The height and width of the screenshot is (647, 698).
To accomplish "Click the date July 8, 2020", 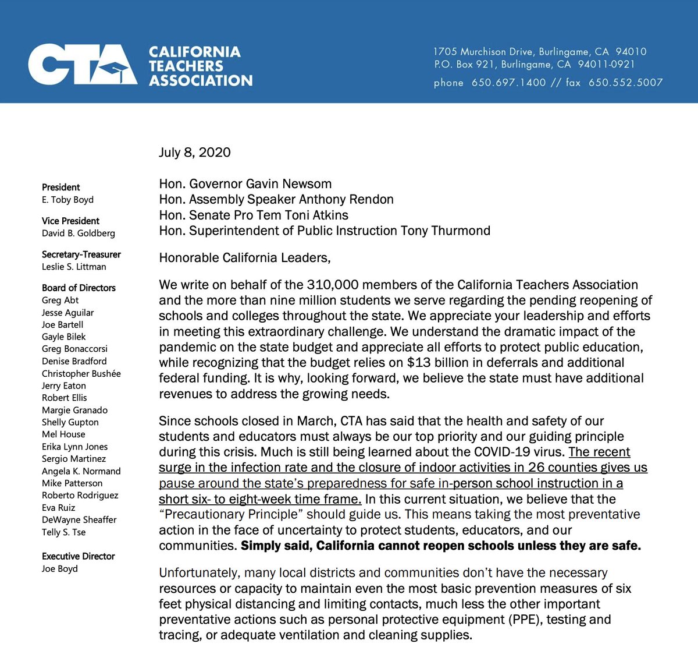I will [195, 153].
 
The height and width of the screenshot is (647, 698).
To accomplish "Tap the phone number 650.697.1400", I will [508, 83].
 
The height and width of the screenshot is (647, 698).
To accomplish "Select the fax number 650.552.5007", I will [625, 83].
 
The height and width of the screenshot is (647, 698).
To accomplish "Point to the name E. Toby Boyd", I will [67, 200].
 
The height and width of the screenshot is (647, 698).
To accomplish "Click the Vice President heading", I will [70, 221].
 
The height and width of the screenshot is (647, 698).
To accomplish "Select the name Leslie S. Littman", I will [74, 267].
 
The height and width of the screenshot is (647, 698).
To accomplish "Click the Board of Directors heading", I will [79, 288].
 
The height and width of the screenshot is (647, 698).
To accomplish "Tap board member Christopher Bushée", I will [81, 373].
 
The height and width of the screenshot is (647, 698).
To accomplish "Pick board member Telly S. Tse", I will [63, 532].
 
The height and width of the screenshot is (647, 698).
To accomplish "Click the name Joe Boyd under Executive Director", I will [59, 568].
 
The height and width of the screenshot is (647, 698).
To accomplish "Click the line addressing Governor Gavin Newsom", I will [245, 184].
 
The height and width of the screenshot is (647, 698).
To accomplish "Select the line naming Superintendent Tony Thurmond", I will [325, 231].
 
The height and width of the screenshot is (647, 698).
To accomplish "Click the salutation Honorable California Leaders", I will [245, 257].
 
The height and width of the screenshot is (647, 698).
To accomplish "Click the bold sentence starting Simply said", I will [440, 546].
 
